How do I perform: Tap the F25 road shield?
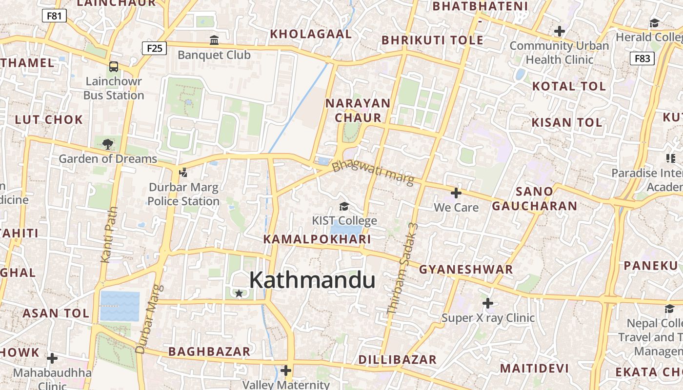tap(154, 48)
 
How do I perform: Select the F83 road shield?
tap(642, 58)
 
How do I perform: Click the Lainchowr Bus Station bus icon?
tap(114, 66)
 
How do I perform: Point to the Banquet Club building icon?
tap(214, 40)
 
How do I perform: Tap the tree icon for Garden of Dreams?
tap(108, 144)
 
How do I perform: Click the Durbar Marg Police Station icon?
tap(183, 172)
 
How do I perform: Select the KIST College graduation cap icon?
tap(344, 207)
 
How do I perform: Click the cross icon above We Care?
tap(456, 193)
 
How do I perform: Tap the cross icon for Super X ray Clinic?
tap(488, 303)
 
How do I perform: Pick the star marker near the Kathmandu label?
tap(239, 293)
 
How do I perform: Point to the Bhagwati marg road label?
tap(373, 174)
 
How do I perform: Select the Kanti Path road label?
tap(109, 235)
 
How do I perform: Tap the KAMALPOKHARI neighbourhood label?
tap(317, 239)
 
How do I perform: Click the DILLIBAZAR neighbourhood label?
tap(397, 360)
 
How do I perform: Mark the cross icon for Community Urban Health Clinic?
tap(560, 32)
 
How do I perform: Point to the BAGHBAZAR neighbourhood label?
tap(209, 351)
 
